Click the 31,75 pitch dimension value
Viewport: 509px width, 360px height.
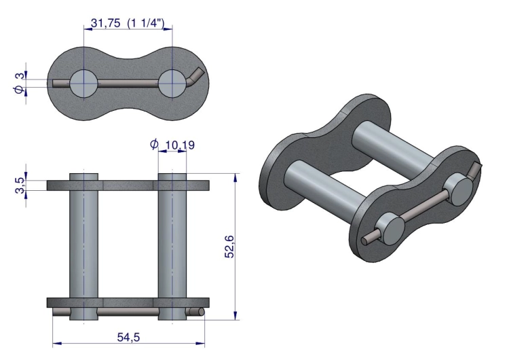click(105, 23)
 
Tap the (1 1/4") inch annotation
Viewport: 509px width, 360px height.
click(146, 23)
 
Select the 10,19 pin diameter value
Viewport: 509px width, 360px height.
click(180, 145)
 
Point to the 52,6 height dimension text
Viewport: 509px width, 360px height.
click(229, 247)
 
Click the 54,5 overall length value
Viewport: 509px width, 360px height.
click(128, 338)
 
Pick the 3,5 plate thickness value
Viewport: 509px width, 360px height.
click(20, 185)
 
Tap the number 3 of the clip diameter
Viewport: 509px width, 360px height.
click(20, 76)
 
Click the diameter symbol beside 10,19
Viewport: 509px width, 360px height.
click(154, 143)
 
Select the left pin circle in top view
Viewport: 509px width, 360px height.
click(83, 84)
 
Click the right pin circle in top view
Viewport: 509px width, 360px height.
click(172, 84)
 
